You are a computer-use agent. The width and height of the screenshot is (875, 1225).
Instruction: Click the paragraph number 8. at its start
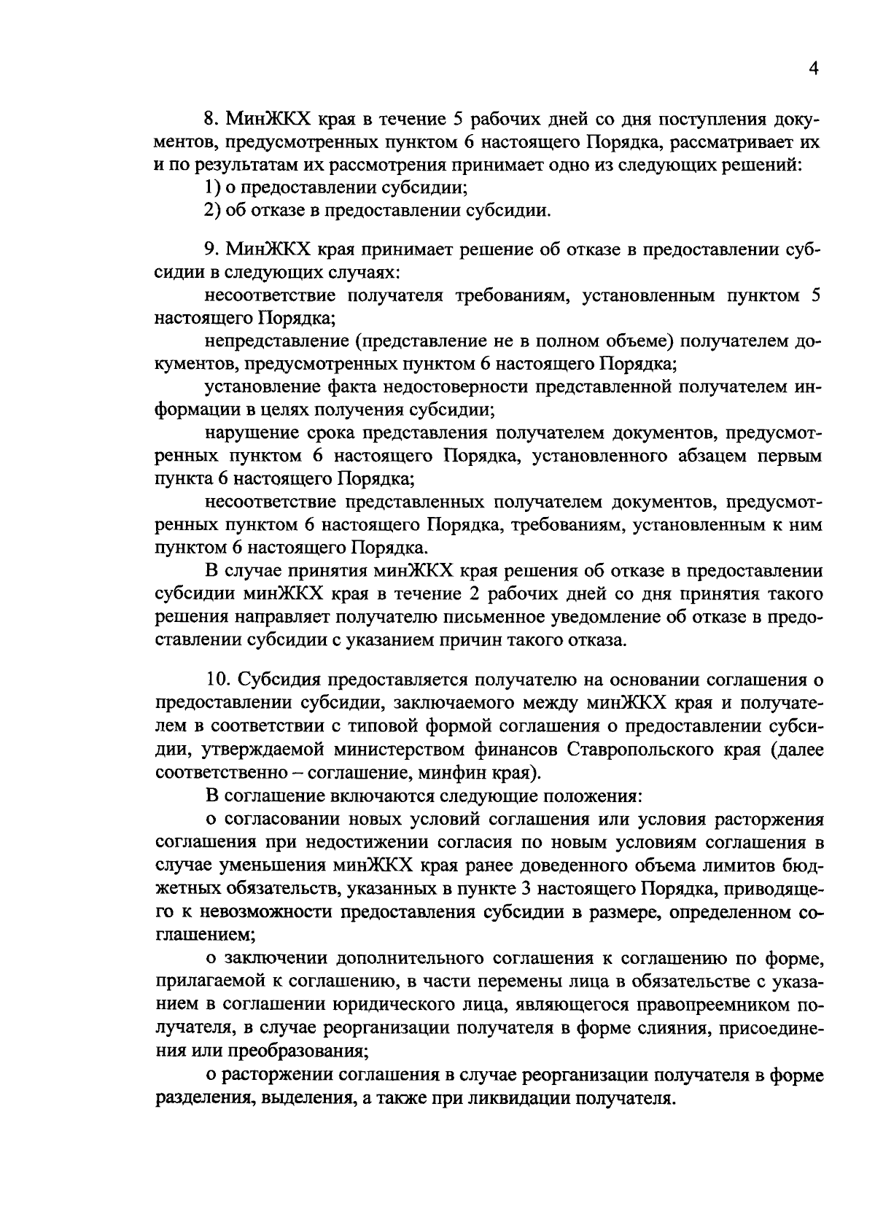[211, 120]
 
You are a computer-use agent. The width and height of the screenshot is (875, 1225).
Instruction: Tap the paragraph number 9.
[211, 249]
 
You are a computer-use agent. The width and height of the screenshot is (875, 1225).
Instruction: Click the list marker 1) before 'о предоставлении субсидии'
[211, 188]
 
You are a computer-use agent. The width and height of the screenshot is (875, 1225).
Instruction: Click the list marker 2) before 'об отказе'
[211, 211]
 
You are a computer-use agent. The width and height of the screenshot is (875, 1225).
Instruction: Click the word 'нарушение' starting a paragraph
[246, 433]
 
